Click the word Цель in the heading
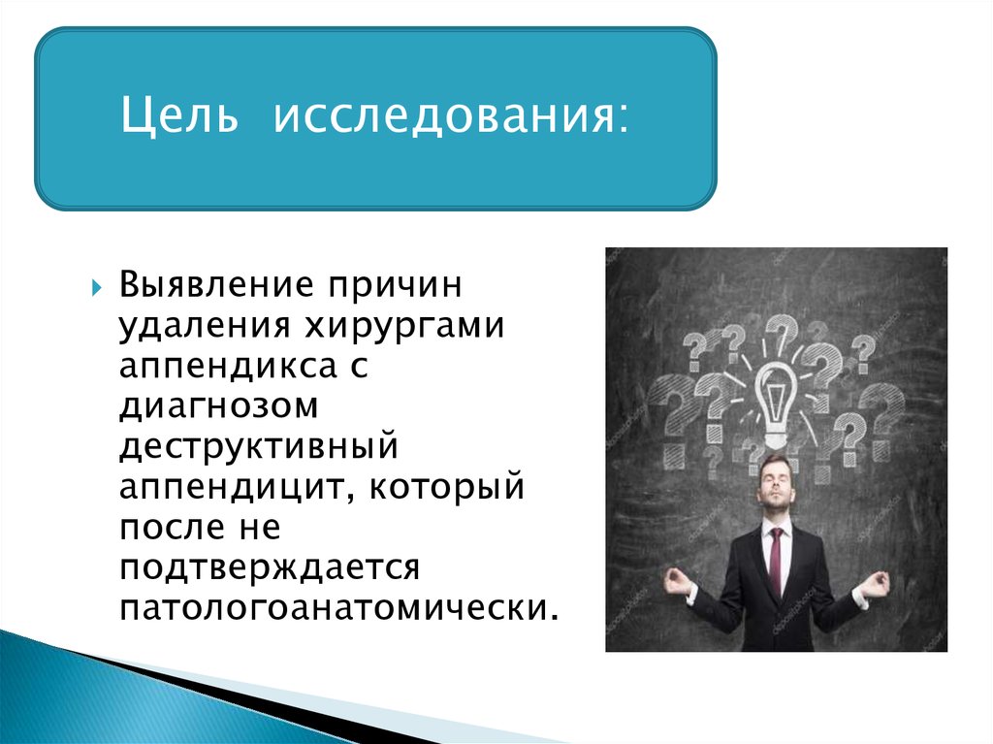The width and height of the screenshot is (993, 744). point(179,116)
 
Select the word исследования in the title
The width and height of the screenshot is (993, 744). point(451,116)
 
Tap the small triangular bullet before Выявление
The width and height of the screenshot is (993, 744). point(96,288)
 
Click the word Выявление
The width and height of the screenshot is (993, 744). point(216,284)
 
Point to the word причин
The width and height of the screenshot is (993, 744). point(396,286)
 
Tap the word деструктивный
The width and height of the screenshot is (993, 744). point(259,447)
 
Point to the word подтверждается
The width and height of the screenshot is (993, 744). point(270,568)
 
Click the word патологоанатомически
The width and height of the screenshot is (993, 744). point(338,608)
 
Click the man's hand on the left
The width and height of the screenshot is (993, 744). point(676,581)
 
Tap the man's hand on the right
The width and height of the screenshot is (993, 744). point(876,582)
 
